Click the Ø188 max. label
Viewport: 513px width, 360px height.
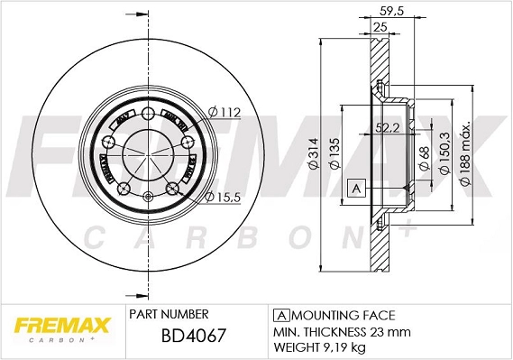click(x=466, y=155)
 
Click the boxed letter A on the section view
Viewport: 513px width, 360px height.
click(x=355, y=189)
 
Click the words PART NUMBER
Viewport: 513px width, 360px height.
click(x=169, y=314)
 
